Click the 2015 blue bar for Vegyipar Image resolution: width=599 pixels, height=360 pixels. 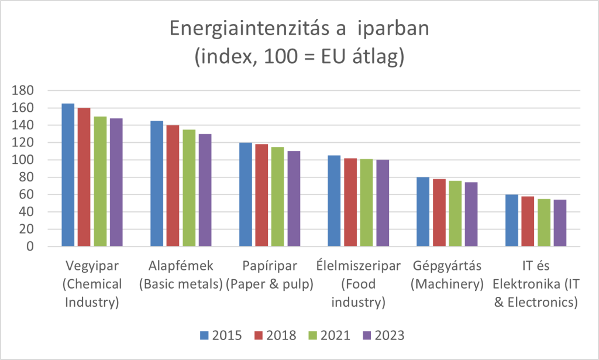[x=68, y=175]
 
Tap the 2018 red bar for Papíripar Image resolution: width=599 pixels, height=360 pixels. [x=261, y=196]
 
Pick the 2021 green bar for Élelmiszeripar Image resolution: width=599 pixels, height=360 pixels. [x=366, y=203]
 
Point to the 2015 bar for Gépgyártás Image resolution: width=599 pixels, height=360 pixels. [x=422, y=212]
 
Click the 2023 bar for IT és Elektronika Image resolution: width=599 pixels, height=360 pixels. [x=559, y=223]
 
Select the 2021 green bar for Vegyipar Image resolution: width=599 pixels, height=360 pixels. [x=100, y=181]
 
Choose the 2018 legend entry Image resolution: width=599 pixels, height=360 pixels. [x=274, y=335]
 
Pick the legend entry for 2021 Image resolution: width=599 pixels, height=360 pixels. [x=328, y=335]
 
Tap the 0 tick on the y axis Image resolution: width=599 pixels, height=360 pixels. [x=30, y=246]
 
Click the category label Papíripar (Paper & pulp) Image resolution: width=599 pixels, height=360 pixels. [x=270, y=276]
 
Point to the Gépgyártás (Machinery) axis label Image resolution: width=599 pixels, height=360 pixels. [x=447, y=276]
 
